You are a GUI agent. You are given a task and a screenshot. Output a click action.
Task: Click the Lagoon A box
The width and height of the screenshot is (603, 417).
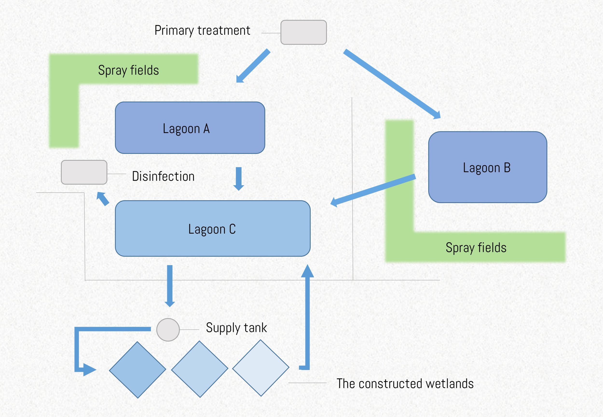coord(190,127)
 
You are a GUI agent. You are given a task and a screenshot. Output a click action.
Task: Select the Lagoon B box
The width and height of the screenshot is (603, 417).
coord(488,167)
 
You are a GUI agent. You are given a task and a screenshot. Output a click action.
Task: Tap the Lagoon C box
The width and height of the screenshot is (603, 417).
coord(213,228)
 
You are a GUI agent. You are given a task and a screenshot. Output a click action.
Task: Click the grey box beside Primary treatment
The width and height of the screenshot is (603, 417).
coord(303,32)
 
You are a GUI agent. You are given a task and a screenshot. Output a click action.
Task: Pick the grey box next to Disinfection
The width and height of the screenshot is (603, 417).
coord(84,172)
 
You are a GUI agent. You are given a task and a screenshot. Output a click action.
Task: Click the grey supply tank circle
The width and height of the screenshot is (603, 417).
coord(168,330)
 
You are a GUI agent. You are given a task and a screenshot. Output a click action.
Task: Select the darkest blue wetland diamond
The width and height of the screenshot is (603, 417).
coord(137,370)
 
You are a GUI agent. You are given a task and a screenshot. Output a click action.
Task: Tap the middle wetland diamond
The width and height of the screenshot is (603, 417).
coord(200,369)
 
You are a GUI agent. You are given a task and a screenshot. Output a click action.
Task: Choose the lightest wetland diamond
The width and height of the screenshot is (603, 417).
coord(261,368)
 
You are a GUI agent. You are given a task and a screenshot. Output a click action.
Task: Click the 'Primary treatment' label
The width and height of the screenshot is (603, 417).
coord(202,30)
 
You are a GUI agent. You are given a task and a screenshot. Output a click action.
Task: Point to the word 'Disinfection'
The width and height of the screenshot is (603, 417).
coord(163,176)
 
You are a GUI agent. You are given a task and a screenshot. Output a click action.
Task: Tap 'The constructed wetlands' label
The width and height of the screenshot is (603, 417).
coord(405,384)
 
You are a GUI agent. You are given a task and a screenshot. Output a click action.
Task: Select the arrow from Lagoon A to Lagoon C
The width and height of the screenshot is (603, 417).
coord(239,179)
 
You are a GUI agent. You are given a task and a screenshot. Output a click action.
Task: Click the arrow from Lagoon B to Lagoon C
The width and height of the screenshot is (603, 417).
coord(373,190)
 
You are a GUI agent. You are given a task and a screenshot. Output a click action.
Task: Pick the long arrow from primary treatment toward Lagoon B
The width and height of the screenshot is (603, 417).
coord(392,84)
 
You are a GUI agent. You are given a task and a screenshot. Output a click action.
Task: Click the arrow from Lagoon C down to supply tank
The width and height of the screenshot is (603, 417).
coord(170,286)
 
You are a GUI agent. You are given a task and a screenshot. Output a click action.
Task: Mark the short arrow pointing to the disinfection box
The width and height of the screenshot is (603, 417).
coord(103,199)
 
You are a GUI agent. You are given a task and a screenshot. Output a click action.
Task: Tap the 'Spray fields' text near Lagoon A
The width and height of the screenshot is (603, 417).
coord(129,70)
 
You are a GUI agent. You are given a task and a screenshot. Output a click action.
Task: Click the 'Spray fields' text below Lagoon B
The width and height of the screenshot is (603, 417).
coord(476,247)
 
